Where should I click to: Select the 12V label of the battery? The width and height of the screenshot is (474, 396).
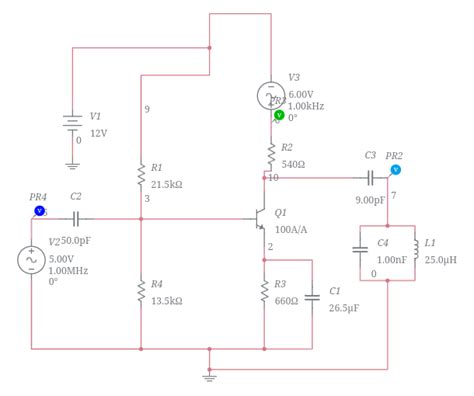coord(99,133)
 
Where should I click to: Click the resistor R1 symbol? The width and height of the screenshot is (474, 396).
coord(141,176)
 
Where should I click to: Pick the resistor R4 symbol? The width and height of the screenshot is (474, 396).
coord(141,291)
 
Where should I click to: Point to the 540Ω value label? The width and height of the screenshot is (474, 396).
coord(294,163)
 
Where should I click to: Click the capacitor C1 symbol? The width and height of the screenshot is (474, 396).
coord(313,294)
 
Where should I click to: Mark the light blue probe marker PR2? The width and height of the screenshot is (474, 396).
coord(395,170)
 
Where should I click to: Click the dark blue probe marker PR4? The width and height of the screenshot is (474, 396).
coord(39,211)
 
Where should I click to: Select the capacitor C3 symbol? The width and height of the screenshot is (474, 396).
coord(370,178)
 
